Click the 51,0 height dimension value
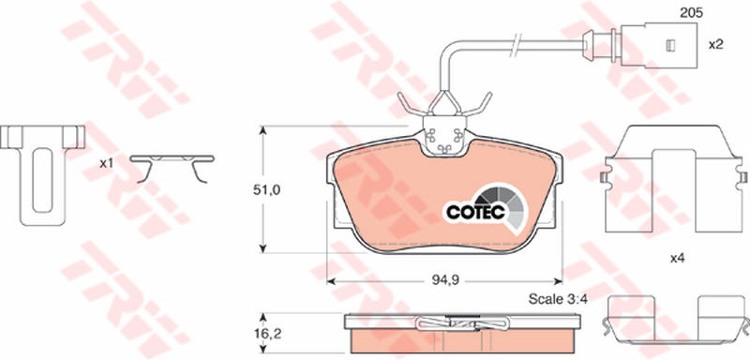pyautogui.click(x=267, y=189)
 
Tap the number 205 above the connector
pyautogui.click(x=691, y=13)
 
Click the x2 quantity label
pyautogui.click(x=715, y=45)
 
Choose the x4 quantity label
pyautogui.click(x=677, y=259)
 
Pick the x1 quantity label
pyautogui.click(x=106, y=163)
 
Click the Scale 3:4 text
pyautogui.click(x=558, y=299)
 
